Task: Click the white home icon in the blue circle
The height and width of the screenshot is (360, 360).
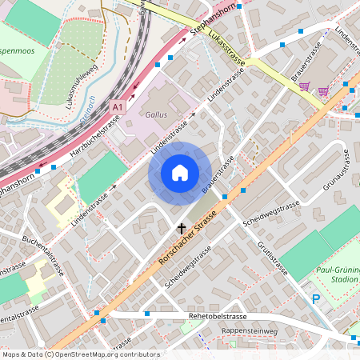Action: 180,173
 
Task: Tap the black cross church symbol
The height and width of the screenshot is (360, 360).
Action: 181,228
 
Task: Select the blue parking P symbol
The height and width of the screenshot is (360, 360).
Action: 316,298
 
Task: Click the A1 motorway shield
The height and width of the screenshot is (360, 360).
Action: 118,106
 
